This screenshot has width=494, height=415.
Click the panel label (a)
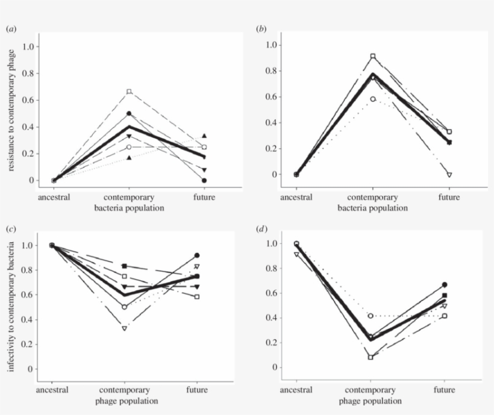click(x=10, y=28)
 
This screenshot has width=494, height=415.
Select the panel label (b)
click(x=261, y=28)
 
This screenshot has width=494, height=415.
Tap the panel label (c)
click(x=10, y=229)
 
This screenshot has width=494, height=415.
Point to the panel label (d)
click(x=261, y=229)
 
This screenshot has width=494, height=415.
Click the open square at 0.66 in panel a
click(x=129, y=92)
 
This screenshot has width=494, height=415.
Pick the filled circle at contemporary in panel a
click(x=129, y=113)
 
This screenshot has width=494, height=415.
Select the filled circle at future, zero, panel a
click(x=204, y=180)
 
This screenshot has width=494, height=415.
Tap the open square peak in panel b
click(x=373, y=56)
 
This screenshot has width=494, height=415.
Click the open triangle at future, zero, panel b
click(x=449, y=175)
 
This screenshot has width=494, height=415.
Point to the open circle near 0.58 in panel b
click(x=373, y=99)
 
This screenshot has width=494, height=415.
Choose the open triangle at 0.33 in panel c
click(x=124, y=328)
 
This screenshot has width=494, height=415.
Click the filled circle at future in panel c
click(x=197, y=255)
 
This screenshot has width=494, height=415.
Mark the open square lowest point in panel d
click(x=370, y=357)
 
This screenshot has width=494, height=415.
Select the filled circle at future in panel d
click(x=444, y=284)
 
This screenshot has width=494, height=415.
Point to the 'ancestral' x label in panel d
click(x=296, y=390)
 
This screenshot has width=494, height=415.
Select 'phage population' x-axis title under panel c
click(x=127, y=401)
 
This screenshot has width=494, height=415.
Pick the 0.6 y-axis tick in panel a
click(x=27, y=100)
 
